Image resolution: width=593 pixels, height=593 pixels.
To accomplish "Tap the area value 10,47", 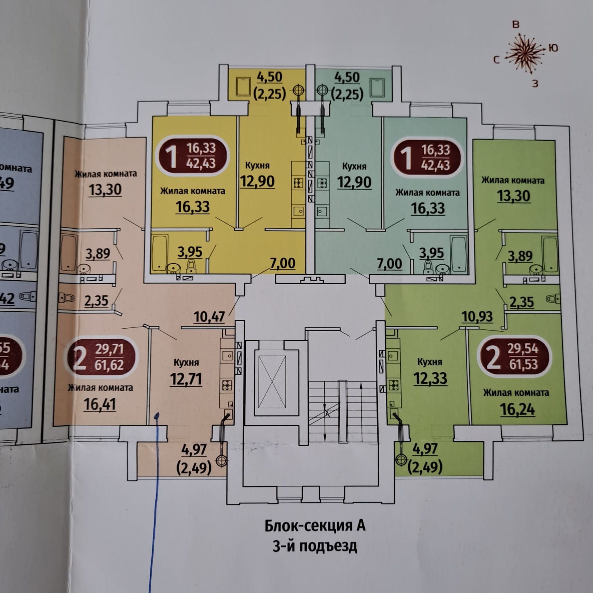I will (x=209, y=317).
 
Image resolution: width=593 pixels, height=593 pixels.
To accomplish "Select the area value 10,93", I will (x=477, y=316).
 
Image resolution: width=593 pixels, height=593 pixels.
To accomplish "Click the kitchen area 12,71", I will (x=186, y=379).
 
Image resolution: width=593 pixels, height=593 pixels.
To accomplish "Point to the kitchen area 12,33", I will (x=430, y=378).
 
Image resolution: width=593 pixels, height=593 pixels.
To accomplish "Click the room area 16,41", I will (x=100, y=404).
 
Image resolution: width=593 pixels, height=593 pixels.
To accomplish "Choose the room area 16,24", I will (x=517, y=409).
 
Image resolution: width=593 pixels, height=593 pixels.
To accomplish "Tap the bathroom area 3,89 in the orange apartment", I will (x=98, y=253).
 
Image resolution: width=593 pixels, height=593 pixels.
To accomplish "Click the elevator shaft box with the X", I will (x=272, y=382).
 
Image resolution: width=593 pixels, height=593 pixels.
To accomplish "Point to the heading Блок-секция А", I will (x=315, y=526).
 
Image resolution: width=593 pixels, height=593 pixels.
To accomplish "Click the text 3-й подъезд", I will (x=315, y=546).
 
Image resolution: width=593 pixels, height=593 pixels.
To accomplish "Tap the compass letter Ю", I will (x=553, y=48).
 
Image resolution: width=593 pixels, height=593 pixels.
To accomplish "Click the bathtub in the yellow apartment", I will (x=160, y=253).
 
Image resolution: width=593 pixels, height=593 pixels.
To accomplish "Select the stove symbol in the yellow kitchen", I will (x=298, y=183).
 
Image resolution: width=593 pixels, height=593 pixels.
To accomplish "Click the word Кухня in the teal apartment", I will (x=354, y=166).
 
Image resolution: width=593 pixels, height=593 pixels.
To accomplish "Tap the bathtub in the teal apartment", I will (x=459, y=254).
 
